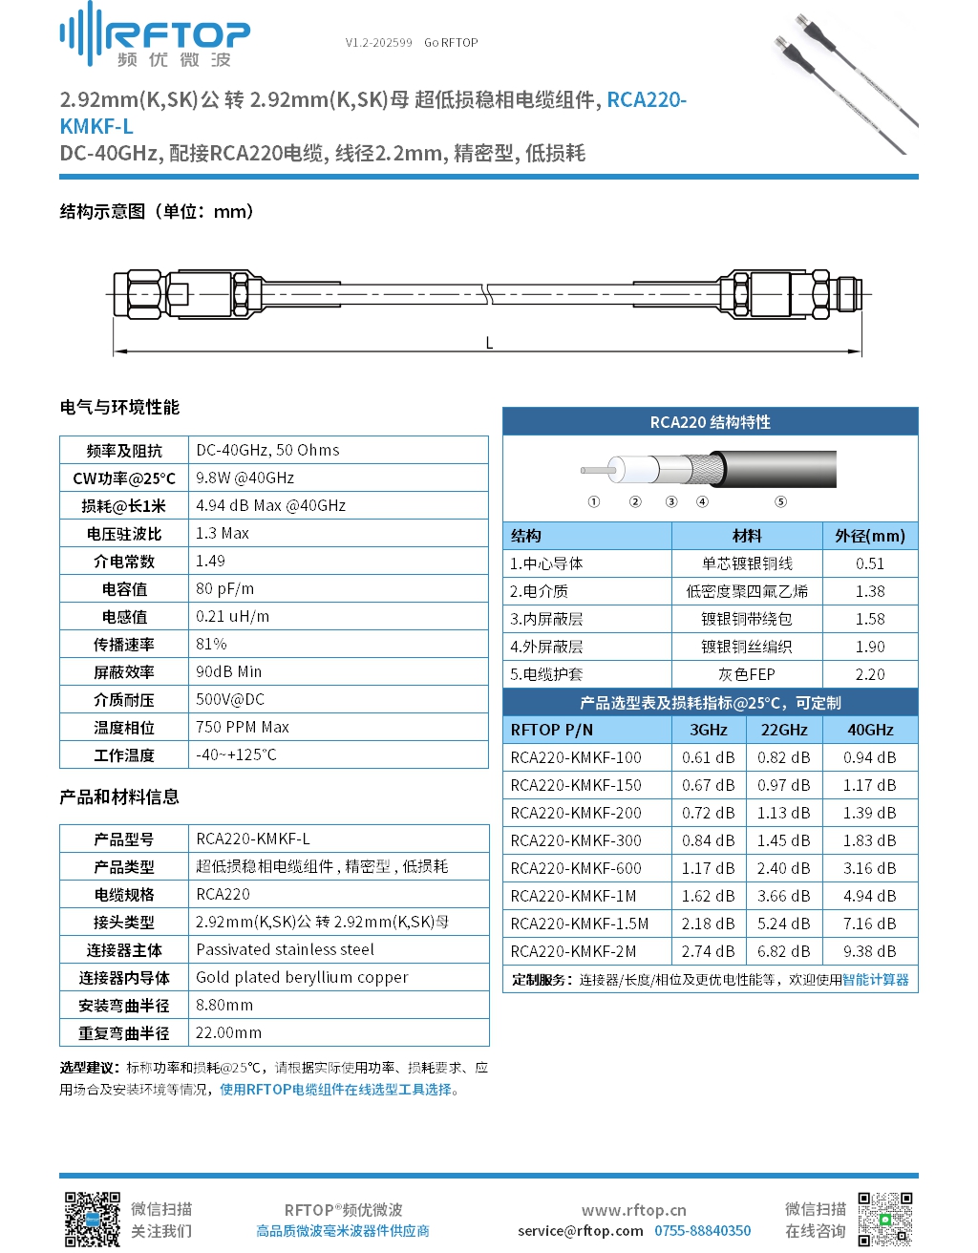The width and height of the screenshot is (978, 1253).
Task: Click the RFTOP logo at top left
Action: tap(155, 36)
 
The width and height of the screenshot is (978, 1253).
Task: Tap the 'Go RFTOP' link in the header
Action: tap(451, 43)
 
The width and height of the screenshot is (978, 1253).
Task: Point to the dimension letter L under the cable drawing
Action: tap(489, 344)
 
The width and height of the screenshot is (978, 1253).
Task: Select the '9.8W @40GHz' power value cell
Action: tap(245, 478)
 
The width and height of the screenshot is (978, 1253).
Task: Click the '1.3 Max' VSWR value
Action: tap(223, 533)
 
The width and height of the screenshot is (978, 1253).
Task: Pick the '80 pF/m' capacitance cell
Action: tap(225, 588)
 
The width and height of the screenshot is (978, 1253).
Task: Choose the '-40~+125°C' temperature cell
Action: tap(236, 754)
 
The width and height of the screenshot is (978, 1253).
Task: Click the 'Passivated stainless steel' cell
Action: tap(285, 949)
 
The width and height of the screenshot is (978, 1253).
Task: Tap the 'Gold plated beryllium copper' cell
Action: tap(302, 977)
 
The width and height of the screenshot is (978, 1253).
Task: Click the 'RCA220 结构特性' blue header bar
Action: tap(710, 422)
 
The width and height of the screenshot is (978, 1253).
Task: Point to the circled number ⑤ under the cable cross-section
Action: tap(780, 502)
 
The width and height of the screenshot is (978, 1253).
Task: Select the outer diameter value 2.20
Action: tap(870, 674)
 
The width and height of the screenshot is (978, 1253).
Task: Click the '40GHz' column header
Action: tap(870, 730)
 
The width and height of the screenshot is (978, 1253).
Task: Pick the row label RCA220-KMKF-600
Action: tap(576, 868)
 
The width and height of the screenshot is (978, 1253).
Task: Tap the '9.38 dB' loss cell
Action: tap(870, 951)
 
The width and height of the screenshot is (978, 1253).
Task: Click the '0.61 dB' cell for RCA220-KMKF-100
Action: tap(709, 757)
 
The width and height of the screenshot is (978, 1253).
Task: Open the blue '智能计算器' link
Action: tap(876, 979)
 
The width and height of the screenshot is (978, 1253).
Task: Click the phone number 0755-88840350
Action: tap(702, 1231)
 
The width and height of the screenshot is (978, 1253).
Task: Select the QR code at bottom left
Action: tap(92, 1220)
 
